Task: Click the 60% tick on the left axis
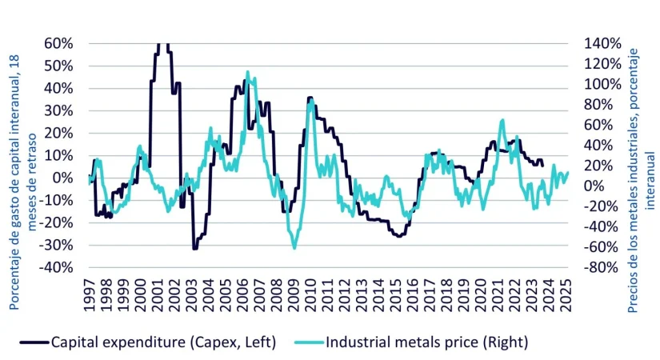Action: click(x=60, y=43)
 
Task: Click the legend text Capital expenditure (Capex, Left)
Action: click(x=163, y=342)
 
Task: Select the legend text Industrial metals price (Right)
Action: click(x=427, y=342)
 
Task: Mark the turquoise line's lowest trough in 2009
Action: click(x=294, y=248)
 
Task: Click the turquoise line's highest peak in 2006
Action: click(x=248, y=72)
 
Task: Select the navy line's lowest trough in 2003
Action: click(x=194, y=249)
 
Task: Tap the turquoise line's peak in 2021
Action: click(x=502, y=120)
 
